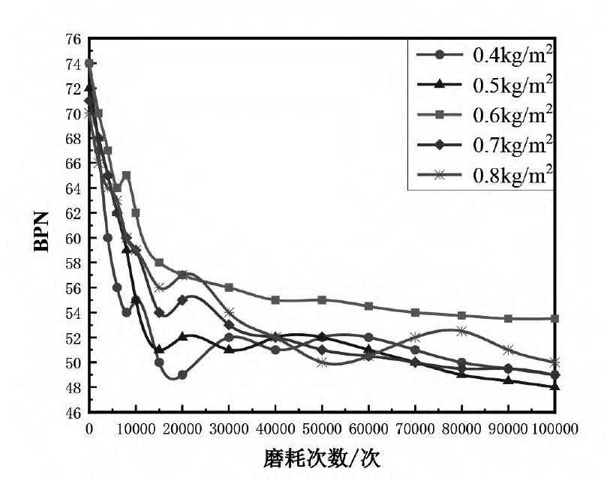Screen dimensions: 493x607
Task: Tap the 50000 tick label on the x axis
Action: click(x=322, y=428)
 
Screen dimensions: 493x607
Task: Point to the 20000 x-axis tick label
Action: click(x=182, y=428)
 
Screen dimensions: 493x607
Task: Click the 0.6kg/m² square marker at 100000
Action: click(x=555, y=318)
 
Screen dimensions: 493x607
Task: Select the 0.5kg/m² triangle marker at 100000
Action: click(x=555, y=386)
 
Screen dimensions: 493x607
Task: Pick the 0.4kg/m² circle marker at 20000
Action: click(x=182, y=374)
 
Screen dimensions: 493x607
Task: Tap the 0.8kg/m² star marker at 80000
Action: click(x=462, y=331)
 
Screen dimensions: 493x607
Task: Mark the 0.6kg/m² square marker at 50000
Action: click(x=323, y=300)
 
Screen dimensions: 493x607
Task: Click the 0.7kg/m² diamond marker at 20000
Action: click(x=182, y=300)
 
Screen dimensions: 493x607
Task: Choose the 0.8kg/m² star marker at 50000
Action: click(x=323, y=362)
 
